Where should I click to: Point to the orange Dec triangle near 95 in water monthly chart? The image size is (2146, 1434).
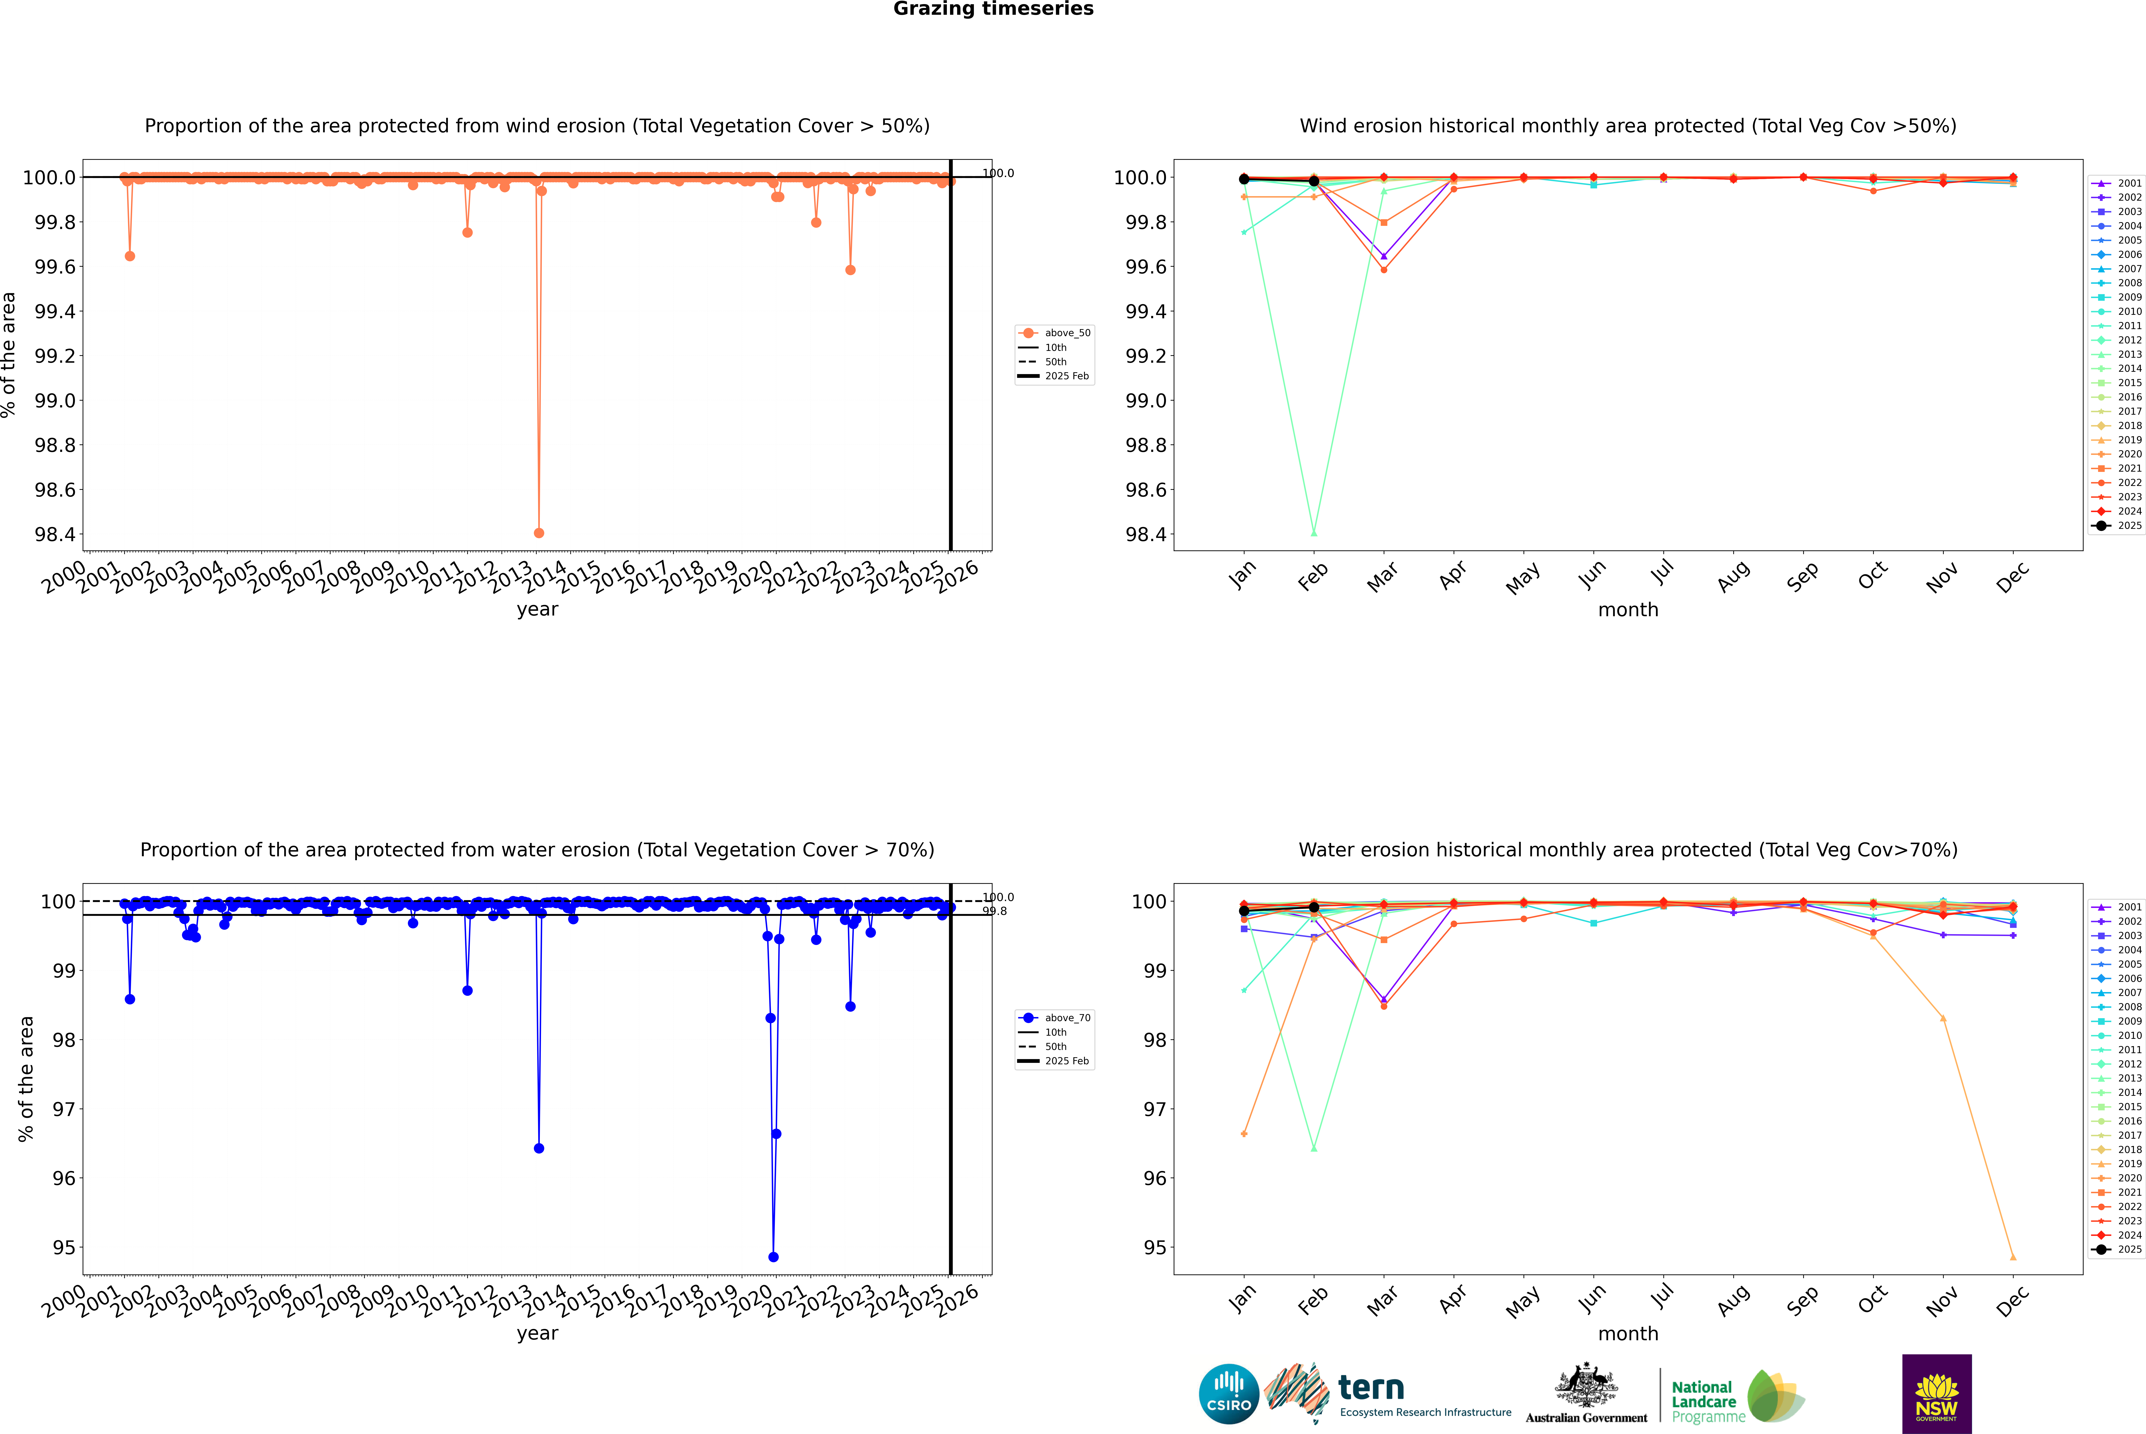point(2013,1257)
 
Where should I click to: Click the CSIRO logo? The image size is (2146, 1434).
point(1229,1394)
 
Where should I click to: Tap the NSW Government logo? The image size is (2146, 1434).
point(1936,1394)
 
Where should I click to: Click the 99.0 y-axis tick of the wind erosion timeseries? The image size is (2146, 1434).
point(55,401)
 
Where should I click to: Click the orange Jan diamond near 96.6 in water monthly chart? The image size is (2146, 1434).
point(1244,1134)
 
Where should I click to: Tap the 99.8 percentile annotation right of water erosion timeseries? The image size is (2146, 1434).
point(995,911)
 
